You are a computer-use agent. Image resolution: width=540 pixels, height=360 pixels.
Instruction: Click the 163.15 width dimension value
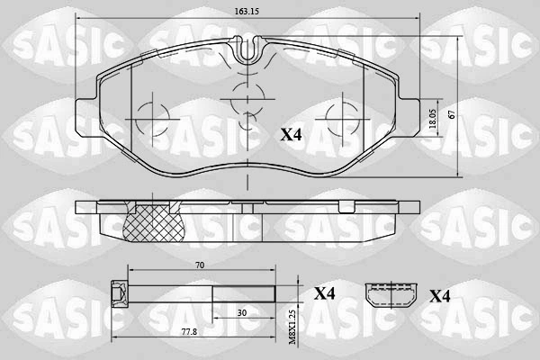tap(247, 11)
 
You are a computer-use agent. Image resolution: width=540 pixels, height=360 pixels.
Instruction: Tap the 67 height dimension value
tap(452, 114)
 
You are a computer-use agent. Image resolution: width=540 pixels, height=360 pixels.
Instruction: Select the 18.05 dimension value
tap(433, 119)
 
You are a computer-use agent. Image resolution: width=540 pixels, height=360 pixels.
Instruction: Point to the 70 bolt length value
tap(200, 265)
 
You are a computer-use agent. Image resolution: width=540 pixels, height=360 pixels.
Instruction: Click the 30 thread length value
tap(242, 313)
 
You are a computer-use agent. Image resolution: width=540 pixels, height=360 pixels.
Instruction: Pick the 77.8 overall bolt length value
tap(189, 332)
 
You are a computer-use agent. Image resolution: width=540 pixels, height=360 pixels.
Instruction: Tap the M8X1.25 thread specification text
tap(292, 327)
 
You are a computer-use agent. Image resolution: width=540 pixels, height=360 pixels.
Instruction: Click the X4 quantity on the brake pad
tap(291, 135)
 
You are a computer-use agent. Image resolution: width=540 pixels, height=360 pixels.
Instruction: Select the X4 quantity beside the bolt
tap(324, 294)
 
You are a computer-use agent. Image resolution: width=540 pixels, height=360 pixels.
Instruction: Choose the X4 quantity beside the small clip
tap(440, 296)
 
